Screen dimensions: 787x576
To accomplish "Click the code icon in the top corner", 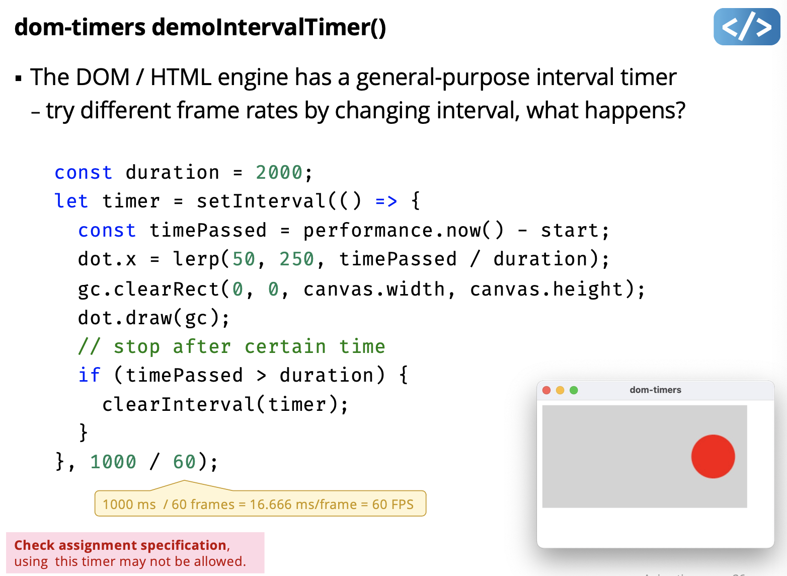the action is [x=747, y=27].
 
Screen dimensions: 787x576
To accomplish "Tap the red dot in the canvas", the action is [x=713, y=456].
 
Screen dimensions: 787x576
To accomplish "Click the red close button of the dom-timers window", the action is [x=546, y=390].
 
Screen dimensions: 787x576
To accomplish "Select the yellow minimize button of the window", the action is [x=560, y=390].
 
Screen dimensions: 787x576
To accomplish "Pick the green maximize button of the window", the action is [x=574, y=390].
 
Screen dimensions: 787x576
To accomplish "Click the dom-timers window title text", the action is [x=655, y=390].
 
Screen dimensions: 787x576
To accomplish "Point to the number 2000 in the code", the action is [x=279, y=172].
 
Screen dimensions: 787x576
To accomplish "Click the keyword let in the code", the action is [x=71, y=201].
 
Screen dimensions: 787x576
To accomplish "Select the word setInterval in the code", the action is [x=261, y=201].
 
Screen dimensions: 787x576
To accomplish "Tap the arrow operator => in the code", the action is [x=386, y=201].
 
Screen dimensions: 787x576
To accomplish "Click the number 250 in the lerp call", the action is [x=296, y=259].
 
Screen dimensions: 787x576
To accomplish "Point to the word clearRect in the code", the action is [x=167, y=289].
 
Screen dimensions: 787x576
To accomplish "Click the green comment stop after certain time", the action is [x=232, y=346].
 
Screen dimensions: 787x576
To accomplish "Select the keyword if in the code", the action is [x=89, y=375].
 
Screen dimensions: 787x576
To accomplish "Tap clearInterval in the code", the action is [x=179, y=404].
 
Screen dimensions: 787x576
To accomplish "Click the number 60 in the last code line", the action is [x=184, y=462].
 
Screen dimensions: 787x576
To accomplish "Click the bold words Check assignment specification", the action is [x=120, y=545].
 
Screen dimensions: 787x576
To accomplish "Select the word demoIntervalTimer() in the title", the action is [x=269, y=27].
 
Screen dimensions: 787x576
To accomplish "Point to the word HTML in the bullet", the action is [x=181, y=77].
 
